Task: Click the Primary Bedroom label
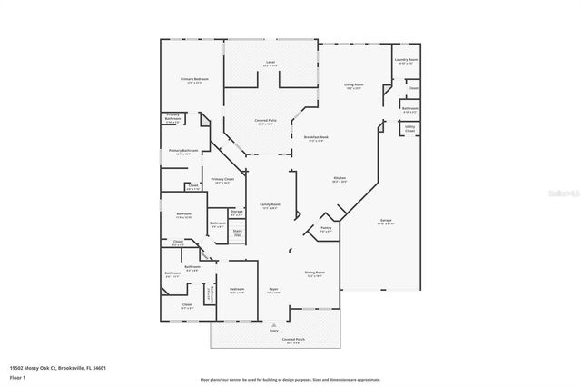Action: [x=188, y=80]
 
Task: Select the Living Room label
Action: [x=353, y=84]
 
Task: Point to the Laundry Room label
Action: [x=406, y=61]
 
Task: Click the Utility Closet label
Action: [x=409, y=129]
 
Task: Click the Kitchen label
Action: [x=340, y=179]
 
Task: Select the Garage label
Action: [x=386, y=221]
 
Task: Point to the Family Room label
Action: [x=270, y=205]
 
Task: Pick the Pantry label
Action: [x=326, y=229]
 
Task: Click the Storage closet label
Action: [x=236, y=213]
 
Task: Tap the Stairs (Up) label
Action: [x=238, y=233]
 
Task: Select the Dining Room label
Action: [x=314, y=273]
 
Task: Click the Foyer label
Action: [x=272, y=291]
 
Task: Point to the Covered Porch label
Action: [x=292, y=342]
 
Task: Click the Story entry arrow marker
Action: [x=273, y=331]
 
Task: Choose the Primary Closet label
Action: [x=222, y=181]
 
